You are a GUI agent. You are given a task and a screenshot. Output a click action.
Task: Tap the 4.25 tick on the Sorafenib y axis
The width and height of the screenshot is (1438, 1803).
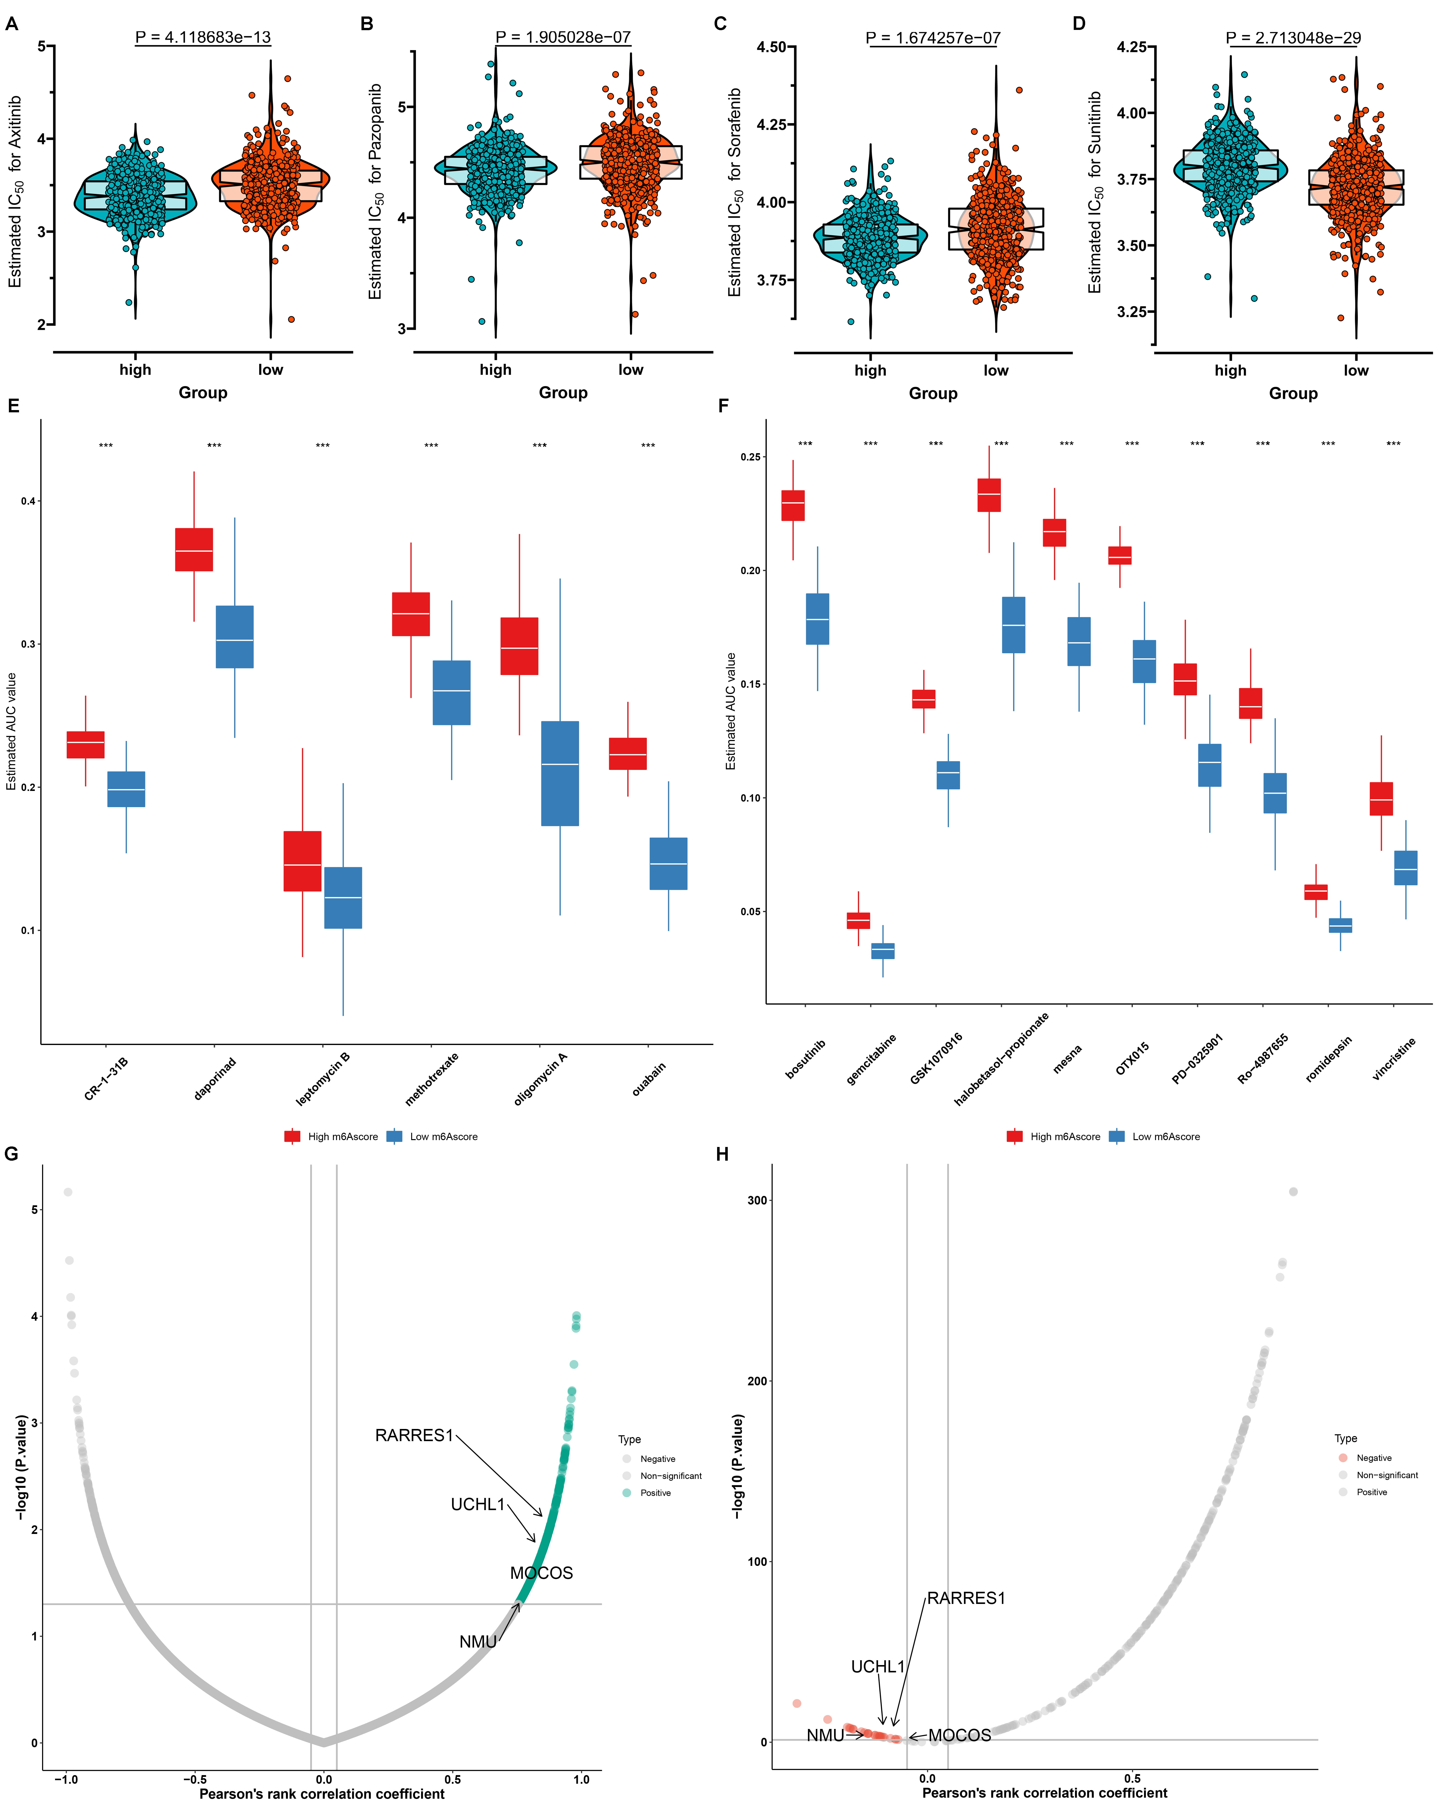(770, 125)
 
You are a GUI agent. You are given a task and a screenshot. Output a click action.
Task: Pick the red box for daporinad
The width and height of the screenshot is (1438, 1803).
(193, 550)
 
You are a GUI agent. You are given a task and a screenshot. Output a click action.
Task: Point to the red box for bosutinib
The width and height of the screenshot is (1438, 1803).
(793, 505)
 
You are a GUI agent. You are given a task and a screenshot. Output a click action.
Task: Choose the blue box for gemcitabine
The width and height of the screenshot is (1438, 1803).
(882, 951)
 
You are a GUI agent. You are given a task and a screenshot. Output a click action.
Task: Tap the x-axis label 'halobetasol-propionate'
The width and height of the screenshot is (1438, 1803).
(1001, 1059)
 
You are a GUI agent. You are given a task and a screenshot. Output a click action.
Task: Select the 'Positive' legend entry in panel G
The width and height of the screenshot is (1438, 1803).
(655, 1493)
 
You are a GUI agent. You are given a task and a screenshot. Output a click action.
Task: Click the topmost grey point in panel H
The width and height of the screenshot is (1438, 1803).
(1293, 1192)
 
